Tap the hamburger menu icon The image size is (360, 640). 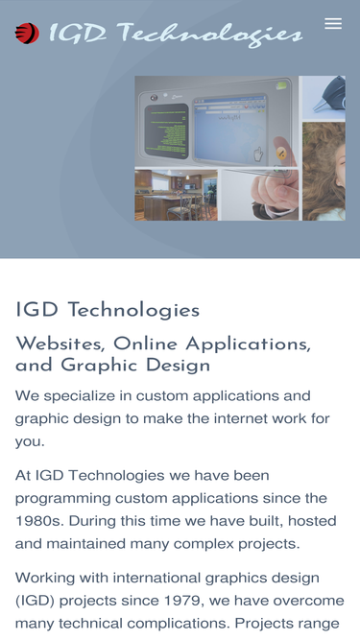333,24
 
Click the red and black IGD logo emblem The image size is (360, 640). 27,33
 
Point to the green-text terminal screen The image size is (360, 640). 166,130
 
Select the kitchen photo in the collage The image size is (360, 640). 176,195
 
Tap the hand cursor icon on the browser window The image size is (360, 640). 258,154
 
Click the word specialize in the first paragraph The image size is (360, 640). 87,396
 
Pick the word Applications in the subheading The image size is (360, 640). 248,344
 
